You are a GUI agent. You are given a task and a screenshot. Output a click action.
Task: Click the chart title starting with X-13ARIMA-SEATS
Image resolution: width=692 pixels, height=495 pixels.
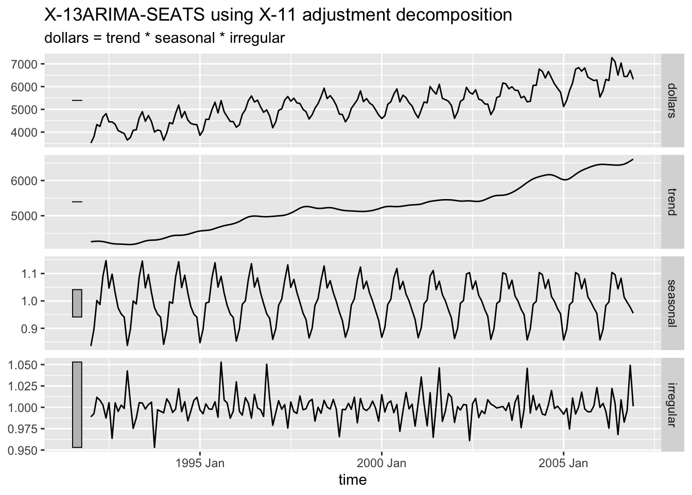click(278, 15)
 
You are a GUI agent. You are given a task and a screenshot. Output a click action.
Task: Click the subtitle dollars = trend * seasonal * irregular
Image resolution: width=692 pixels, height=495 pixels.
click(165, 38)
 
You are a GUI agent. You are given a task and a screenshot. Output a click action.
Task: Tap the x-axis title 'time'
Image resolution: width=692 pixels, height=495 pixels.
click(353, 480)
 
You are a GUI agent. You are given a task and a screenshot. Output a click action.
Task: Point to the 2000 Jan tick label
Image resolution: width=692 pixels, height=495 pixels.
click(382, 463)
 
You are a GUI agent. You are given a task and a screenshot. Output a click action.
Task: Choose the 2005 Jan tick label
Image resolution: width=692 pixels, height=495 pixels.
click(563, 463)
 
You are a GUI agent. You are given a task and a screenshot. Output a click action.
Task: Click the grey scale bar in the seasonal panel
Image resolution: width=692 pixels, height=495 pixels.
click(77, 303)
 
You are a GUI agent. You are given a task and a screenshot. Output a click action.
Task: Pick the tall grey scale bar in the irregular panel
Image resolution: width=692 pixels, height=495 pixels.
click(77, 405)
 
